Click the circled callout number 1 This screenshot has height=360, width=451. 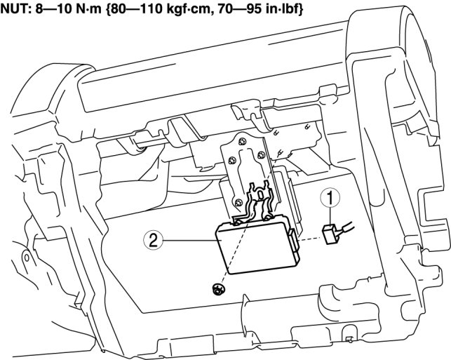(x=328, y=199)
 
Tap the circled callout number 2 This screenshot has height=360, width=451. (x=153, y=240)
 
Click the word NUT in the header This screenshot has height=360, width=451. (x=15, y=8)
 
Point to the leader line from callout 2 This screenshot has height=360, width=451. (x=189, y=240)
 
